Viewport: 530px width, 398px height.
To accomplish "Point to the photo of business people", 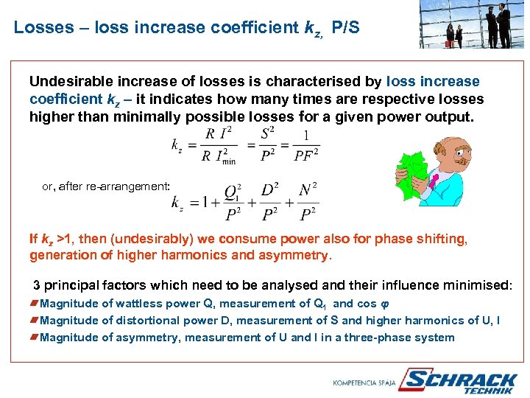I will [x=473, y=24].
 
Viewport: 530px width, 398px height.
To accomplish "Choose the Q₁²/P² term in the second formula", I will [x=232, y=202].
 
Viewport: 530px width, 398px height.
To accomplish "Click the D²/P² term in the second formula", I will [x=270, y=202].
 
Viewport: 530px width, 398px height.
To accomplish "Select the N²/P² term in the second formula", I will [x=308, y=202].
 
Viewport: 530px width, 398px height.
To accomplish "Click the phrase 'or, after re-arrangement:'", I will [x=106, y=186].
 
